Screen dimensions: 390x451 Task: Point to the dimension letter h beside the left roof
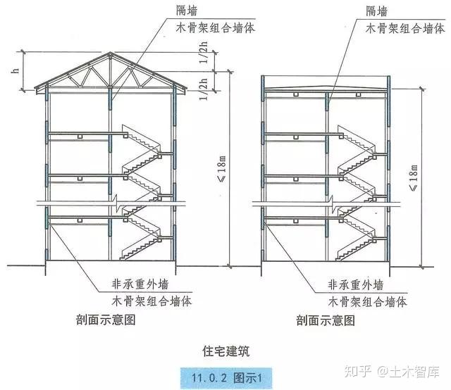point(14,70)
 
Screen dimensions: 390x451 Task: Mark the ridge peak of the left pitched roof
point(111,55)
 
